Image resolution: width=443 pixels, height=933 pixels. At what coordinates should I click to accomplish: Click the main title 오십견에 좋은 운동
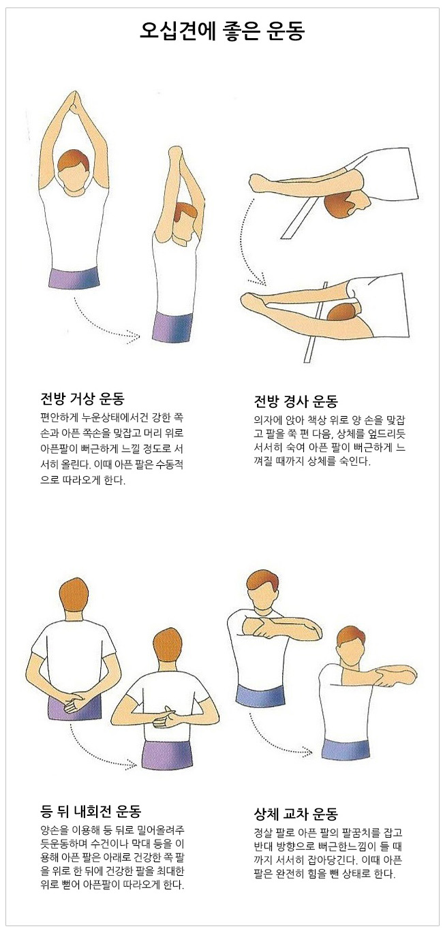coord(221,31)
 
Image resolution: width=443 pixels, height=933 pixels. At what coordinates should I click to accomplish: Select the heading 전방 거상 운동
coord(82,399)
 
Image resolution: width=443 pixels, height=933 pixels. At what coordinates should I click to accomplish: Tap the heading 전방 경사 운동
coord(296,401)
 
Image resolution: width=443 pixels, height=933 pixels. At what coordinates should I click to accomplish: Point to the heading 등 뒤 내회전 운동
coord(91,811)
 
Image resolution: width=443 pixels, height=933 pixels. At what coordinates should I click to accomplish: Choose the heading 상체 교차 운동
coord(296,813)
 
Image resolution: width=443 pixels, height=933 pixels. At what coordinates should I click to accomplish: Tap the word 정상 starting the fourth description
coord(264,833)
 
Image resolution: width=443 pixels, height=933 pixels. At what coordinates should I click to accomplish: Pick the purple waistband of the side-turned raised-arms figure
coord(172,328)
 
